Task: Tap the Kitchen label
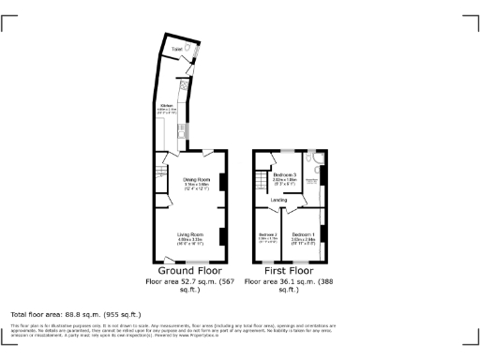167,106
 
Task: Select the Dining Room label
196,179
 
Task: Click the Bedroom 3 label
285,175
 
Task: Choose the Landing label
279,200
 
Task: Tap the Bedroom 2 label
268,233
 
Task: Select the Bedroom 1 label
303,233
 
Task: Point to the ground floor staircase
159,173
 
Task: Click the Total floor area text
75,314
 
